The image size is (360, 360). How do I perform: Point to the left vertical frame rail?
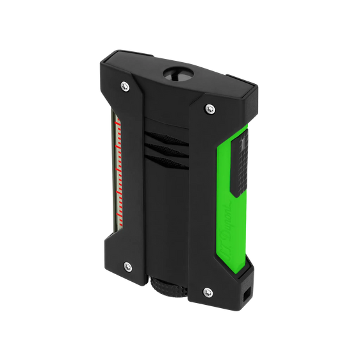tap(129, 179)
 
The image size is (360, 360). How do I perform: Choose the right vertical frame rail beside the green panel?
tap(210, 199)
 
